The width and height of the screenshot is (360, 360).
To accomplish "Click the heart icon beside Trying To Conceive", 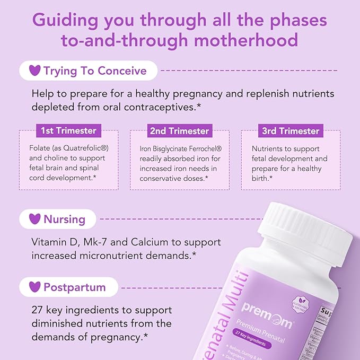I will coord(34,71).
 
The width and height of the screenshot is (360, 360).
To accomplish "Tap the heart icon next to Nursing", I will coord(34,218).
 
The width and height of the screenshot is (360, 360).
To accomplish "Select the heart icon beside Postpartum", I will coord(34,287).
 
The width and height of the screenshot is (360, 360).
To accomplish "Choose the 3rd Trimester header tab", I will coord(291,130).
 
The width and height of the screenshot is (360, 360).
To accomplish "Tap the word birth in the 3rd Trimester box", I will coord(263,178).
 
